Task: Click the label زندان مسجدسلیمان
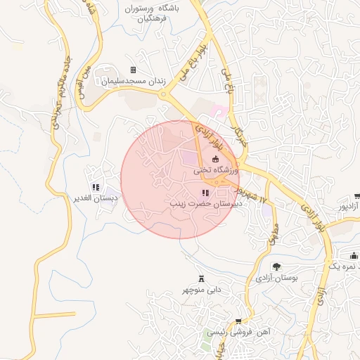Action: [133, 81]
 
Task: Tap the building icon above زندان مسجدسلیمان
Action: [133, 70]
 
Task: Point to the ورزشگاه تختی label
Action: [215, 170]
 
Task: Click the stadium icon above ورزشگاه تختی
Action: [215, 160]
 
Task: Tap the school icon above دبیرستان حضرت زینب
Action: [205, 193]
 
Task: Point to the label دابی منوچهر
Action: [202, 289]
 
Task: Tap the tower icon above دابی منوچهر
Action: [202, 278]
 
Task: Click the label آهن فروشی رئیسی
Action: [244, 331]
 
